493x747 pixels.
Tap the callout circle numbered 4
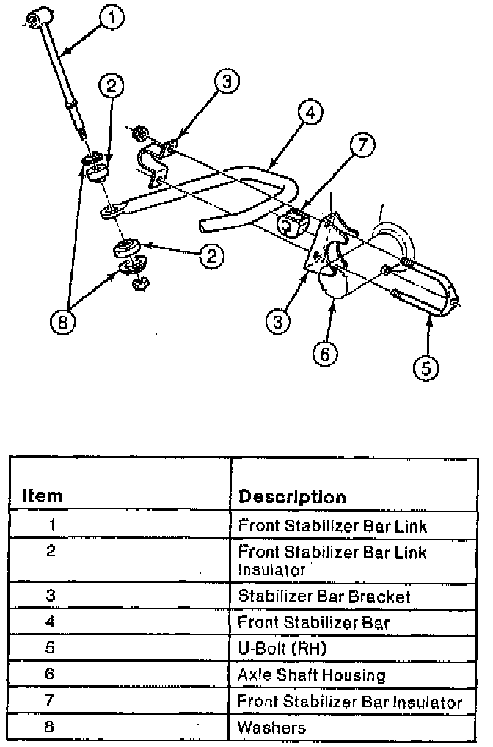(x=311, y=113)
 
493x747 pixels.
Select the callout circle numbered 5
(x=427, y=367)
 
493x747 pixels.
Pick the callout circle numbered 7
(x=361, y=146)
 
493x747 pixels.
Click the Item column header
(x=43, y=496)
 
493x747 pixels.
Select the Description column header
(x=292, y=497)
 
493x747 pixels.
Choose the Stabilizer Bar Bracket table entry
(x=324, y=596)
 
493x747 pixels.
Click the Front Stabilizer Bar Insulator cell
(x=349, y=702)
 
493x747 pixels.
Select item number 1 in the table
(x=51, y=525)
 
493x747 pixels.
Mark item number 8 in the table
(x=50, y=727)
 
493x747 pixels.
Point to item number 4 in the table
(x=50, y=622)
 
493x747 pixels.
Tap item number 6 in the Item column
(x=50, y=674)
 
